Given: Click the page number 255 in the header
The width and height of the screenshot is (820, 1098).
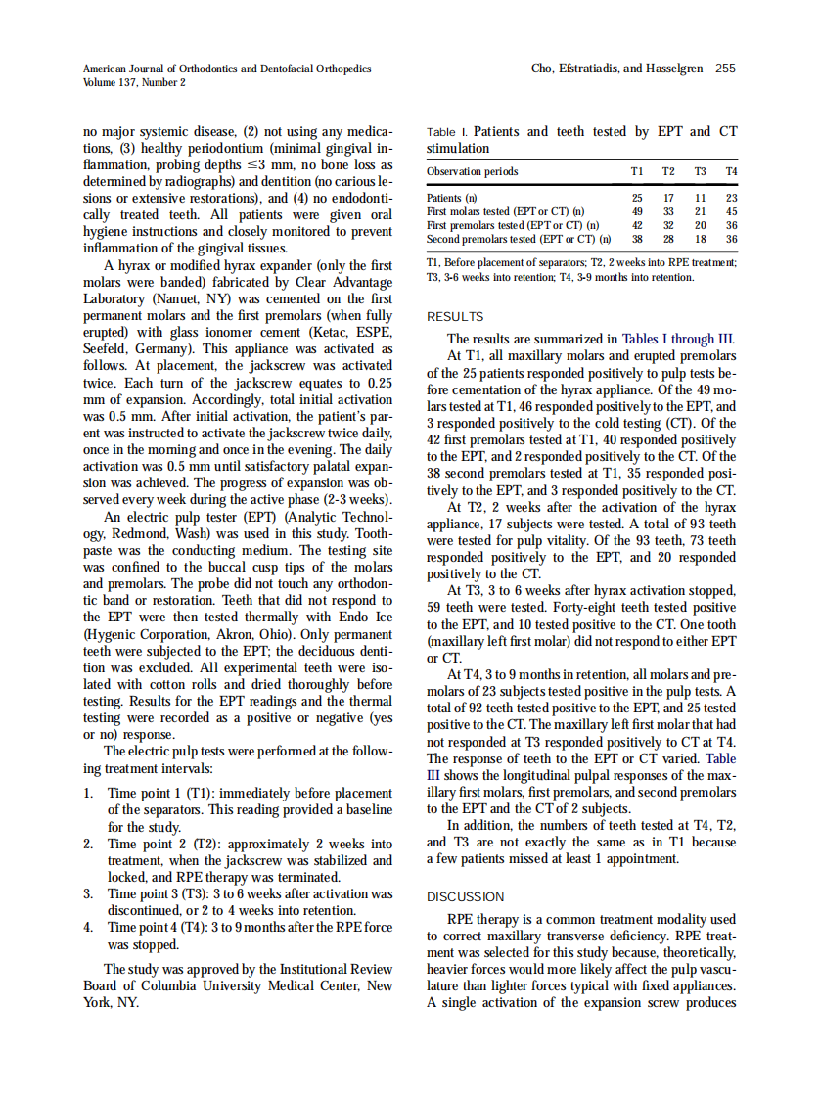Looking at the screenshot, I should pos(725,69).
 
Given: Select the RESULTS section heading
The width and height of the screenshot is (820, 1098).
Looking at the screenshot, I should pos(456,316).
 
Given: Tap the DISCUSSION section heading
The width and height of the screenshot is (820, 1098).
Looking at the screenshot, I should pos(466,896).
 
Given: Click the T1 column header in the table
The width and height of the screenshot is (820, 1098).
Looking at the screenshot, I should pos(637,172).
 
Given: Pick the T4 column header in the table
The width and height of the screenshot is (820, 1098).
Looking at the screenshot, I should pos(731,172).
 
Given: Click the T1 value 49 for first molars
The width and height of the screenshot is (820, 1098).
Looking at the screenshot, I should pos(637,211).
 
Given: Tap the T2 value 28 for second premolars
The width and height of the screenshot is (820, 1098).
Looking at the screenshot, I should pos(669,238).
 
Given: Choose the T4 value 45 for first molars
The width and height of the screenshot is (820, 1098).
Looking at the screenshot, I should pos(731,211).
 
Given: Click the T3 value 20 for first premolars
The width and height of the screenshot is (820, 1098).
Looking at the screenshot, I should pos(701,225).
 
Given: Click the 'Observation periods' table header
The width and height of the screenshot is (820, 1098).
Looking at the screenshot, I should pos(473,172).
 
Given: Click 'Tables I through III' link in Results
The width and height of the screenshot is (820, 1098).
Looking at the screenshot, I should pos(676,340).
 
